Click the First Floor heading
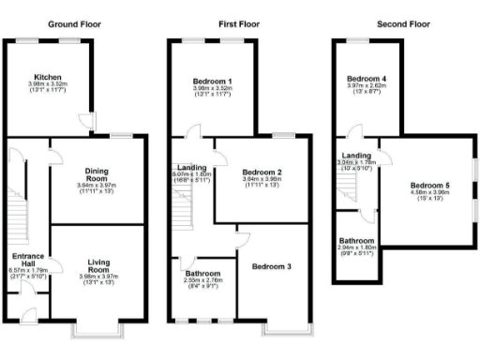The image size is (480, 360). tap(238, 22)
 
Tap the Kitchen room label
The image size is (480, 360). tap(48, 78)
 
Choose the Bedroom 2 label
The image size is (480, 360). tap(262, 172)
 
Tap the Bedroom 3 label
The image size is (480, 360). tap(271, 267)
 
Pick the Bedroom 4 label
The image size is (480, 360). tap(366, 78)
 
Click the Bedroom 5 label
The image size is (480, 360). tap(429, 187)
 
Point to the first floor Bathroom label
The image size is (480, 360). tap(202, 274)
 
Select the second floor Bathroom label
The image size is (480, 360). tap(357, 241)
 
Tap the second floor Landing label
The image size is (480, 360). tap(356, 156)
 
